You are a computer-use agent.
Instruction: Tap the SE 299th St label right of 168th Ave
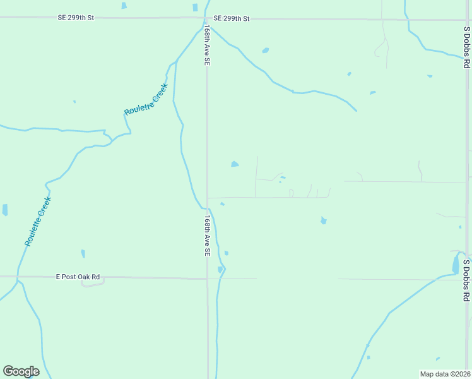(232, 18)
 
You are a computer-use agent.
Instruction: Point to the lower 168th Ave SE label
(206, 235)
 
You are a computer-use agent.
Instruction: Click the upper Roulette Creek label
(146, 100)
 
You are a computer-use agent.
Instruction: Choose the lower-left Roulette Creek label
(38, 221)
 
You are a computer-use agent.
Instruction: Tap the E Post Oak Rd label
(78, 277)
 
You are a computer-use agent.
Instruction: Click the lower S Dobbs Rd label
(466, 280)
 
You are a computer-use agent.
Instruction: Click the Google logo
(21, 371)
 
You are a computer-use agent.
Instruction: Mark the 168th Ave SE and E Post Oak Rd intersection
(208, 278)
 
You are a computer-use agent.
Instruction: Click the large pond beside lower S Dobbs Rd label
(456, 264)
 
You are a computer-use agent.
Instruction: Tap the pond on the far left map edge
(5, 210)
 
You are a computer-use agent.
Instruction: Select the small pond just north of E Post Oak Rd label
(83, 253)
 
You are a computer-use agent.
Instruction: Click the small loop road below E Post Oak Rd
(92, 284)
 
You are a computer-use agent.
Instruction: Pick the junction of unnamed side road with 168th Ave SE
(208, 197)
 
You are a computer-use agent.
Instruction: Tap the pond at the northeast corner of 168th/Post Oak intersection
(220, 270)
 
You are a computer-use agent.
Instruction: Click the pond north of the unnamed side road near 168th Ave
(235, 164)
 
